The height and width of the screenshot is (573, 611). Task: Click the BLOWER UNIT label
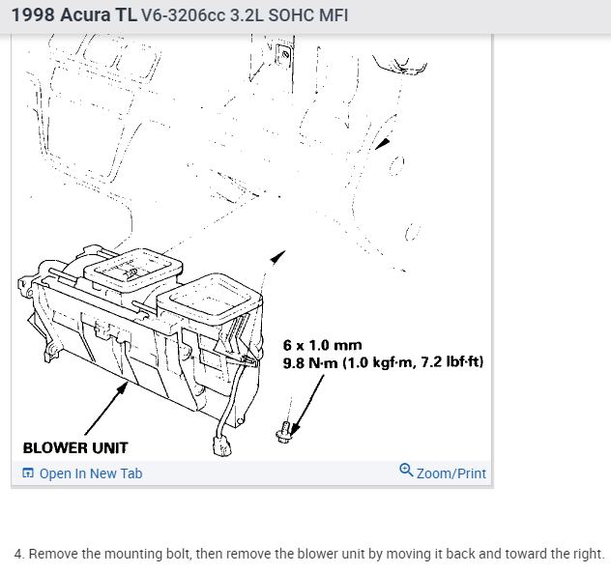pos(75,448)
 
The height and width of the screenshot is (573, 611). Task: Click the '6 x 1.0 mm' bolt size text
pos(323,345)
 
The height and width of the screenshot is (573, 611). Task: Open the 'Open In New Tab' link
pos(90,473)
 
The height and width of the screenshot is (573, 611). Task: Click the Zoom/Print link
pos(451,473)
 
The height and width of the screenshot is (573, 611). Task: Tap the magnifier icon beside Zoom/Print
pos(406,472)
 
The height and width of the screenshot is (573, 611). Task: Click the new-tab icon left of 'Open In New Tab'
pos(28,473)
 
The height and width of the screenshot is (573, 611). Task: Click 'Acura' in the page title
pos(85,15)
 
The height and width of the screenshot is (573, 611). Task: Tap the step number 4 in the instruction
pos(18,554)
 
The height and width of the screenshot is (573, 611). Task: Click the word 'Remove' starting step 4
pos(51,554)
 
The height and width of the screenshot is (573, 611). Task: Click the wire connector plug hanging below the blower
pos(220,447)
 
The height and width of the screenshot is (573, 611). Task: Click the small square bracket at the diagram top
pos(284,55)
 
